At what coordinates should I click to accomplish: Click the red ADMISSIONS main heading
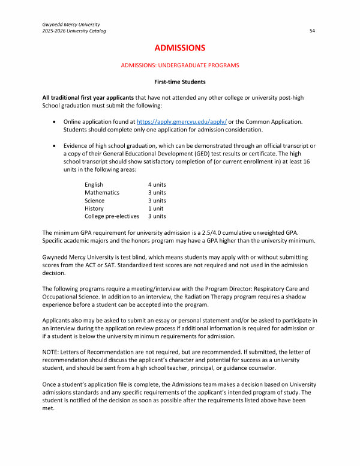point(180,47)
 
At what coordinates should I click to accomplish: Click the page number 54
point(312,30)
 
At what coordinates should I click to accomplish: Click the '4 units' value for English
point(157,184)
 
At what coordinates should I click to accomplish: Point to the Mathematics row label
point(102,192)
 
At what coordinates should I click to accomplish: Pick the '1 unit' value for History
point(156,208)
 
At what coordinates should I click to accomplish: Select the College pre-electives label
point(112,216)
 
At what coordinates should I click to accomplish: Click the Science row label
point(94,201)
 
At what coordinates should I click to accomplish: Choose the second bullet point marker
point(56,145)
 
